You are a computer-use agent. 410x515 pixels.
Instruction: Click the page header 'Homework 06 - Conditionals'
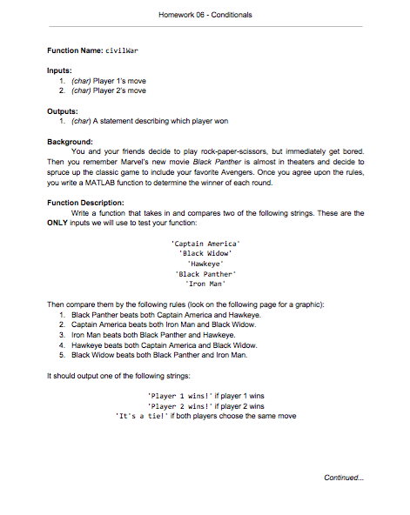[x=205, y=15]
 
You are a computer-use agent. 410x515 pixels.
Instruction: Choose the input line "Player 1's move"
[x=113, y=80]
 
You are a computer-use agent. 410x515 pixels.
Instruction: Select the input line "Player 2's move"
[x=113, y=90]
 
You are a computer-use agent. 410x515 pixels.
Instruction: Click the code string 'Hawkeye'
[x=205, y=263]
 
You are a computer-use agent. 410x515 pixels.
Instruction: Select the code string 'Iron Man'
[x=205, y=283]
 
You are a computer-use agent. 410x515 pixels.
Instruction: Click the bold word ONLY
[x=59, y=222]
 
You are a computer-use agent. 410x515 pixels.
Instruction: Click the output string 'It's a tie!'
[x=141, y=416]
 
